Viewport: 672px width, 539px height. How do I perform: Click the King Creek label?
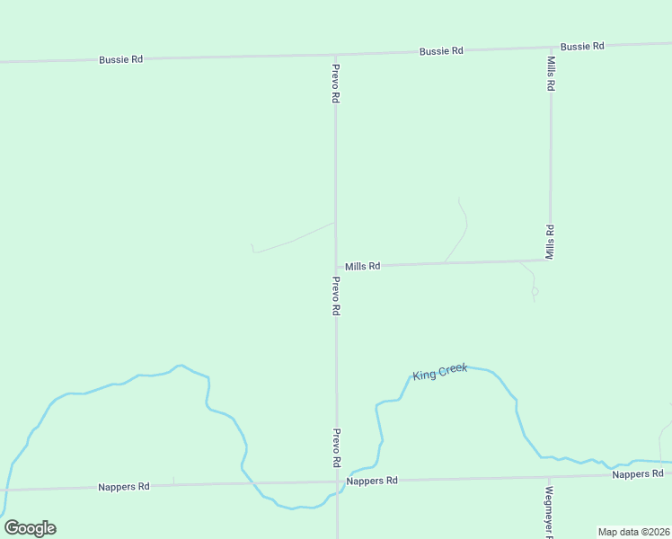pos(440,372)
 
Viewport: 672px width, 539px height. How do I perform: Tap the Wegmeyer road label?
pos(549,511)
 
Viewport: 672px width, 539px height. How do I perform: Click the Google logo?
pos(30,528)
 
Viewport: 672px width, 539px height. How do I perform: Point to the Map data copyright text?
pos(633,532)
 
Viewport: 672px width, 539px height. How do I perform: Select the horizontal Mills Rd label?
pos(363,266)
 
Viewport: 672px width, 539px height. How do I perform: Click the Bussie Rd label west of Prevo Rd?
pos(121,59)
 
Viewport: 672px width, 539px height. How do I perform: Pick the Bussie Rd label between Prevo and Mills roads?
pos(441,51)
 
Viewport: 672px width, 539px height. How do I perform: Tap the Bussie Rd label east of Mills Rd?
pos(582,45)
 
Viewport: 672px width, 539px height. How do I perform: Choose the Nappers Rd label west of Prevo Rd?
pos(124,487)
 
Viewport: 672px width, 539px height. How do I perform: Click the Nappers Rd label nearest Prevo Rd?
pos(372,481)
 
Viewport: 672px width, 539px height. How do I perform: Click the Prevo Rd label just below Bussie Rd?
pos(335,84)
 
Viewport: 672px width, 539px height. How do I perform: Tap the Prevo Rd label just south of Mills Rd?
pos(336,296)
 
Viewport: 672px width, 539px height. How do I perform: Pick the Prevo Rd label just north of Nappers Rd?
pos(337,446)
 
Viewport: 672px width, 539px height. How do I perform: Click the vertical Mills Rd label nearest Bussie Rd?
pos(551,74)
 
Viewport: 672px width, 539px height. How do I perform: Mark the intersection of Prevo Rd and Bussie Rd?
pos(335,54)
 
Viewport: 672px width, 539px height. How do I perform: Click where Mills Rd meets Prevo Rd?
pos(336,267)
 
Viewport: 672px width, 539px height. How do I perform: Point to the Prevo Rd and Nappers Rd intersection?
pos(337,482)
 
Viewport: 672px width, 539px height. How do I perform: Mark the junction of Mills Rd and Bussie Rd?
pos(551,46)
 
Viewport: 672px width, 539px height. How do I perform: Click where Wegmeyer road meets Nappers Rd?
pos(547,476)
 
